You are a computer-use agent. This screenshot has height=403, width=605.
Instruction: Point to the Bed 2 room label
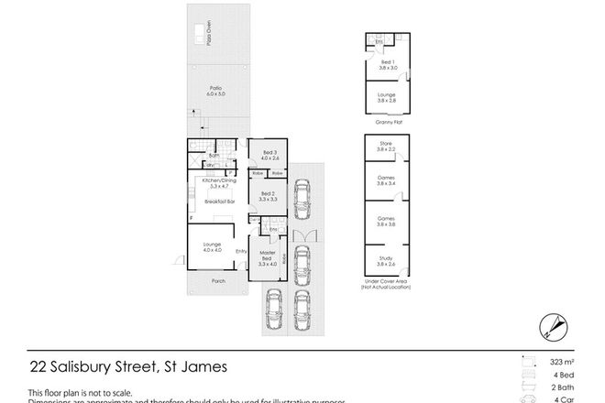265,196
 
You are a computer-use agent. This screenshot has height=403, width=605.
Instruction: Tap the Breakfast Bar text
219,201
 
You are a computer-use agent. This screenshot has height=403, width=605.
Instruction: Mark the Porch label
216,281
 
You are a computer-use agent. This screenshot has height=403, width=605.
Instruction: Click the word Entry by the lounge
242,252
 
